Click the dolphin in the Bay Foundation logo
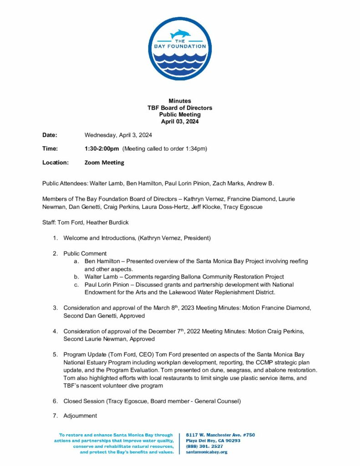[x=180, y=35]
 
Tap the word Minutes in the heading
[x=180, y=101]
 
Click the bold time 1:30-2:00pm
[x=101, y=148]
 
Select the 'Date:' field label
[x=50, y=135]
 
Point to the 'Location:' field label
[x=56, y=162]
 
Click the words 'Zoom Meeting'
[x=104, y=162]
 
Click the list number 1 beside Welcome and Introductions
[x=55, y=238]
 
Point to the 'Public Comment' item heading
[x=85, y=253]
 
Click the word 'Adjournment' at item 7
[x=80, y=415]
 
